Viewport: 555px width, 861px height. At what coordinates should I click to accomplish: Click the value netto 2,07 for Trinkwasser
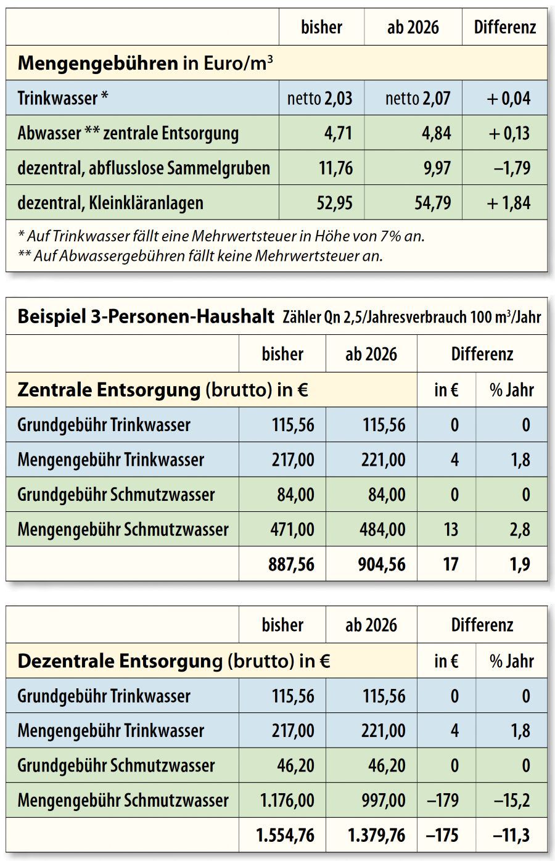(x=417, y=98)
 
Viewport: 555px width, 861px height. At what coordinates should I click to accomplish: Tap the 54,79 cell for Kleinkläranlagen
(x=433, y=203)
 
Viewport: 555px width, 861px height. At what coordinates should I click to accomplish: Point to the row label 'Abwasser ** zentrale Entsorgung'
(x=128, y=133)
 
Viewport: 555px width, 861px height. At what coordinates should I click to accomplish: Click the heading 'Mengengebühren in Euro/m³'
(x=146, y=63)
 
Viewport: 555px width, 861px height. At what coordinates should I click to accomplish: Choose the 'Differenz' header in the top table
(x=504, y=27)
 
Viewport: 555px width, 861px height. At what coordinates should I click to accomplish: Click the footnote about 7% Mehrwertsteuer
(x=221, y=236)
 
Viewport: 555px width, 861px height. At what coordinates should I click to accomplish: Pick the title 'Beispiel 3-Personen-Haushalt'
(x=146, y=317)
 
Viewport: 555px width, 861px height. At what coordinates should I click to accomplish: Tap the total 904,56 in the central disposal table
(x=382, y=564)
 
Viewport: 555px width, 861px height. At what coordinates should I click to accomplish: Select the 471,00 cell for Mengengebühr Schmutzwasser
(x=293, y=529)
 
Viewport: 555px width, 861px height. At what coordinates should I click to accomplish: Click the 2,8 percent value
(x=520, y=529)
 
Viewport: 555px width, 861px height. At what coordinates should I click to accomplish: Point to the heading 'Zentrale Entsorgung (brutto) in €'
(x=163, y=390)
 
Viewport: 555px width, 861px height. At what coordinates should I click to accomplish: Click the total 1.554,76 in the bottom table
(x=285, y=836)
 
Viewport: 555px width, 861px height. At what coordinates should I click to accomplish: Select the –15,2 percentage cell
(x=512, y=801)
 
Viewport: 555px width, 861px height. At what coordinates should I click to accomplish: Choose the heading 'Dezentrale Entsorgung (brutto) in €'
(x=174, y=661)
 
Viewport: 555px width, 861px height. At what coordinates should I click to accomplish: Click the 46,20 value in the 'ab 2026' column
(x=387, y=766)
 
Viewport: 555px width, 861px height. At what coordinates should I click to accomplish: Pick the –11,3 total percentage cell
(x=512, y=836)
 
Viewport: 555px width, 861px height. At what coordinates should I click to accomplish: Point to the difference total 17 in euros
(x=451, y=564)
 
